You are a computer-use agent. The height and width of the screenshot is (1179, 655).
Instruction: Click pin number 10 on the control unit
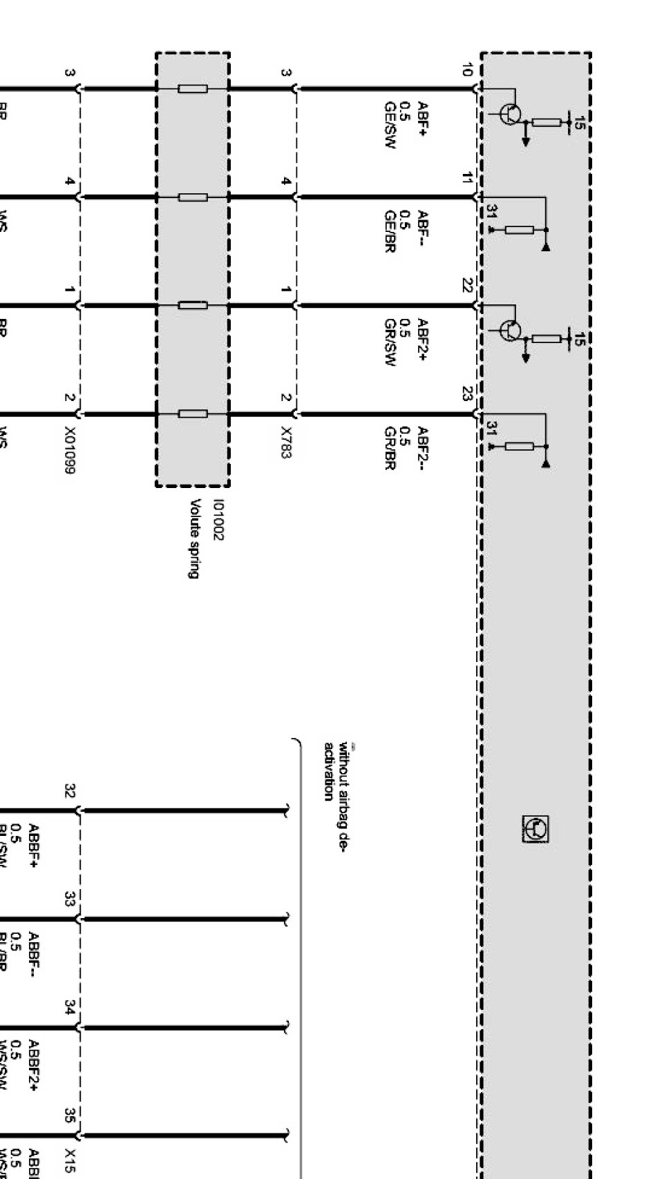pos(468,69)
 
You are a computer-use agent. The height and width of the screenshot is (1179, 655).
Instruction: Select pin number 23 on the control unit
pos(468,394)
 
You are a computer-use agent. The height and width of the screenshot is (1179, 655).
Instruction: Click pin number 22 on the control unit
pos(468,285)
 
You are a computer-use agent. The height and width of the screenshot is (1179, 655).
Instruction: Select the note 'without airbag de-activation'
pos(334,770)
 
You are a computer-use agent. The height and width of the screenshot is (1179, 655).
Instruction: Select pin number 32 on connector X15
pos(69,791)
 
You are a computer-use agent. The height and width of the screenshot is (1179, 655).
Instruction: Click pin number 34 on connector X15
pos(69,1007)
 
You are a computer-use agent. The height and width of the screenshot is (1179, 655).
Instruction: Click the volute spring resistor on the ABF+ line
pos(192,89)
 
